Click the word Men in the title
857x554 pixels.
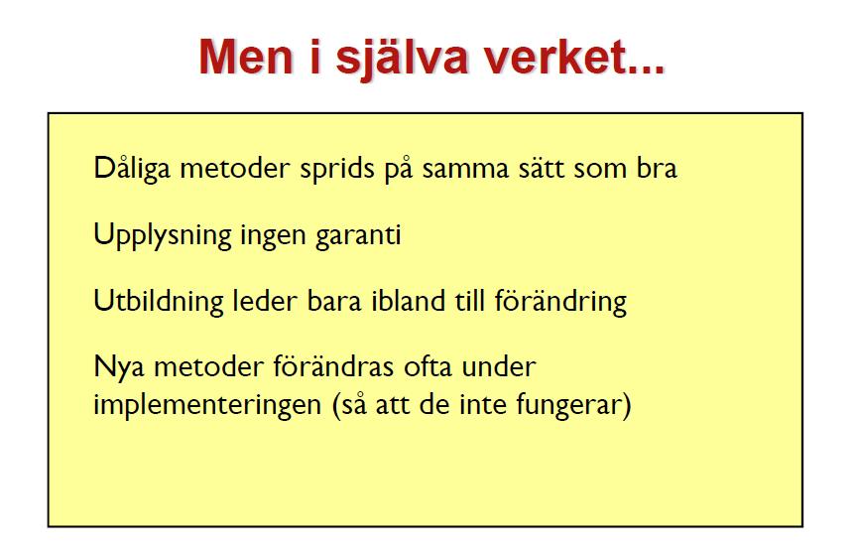(245, 57)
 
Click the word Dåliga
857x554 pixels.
(132, 168)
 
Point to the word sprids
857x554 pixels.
(337, 169)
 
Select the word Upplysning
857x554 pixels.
(163, 235)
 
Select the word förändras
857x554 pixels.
(333, 366)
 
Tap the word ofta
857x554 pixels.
(428, 366)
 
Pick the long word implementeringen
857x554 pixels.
(207, 406)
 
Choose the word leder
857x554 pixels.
(265, 302)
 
